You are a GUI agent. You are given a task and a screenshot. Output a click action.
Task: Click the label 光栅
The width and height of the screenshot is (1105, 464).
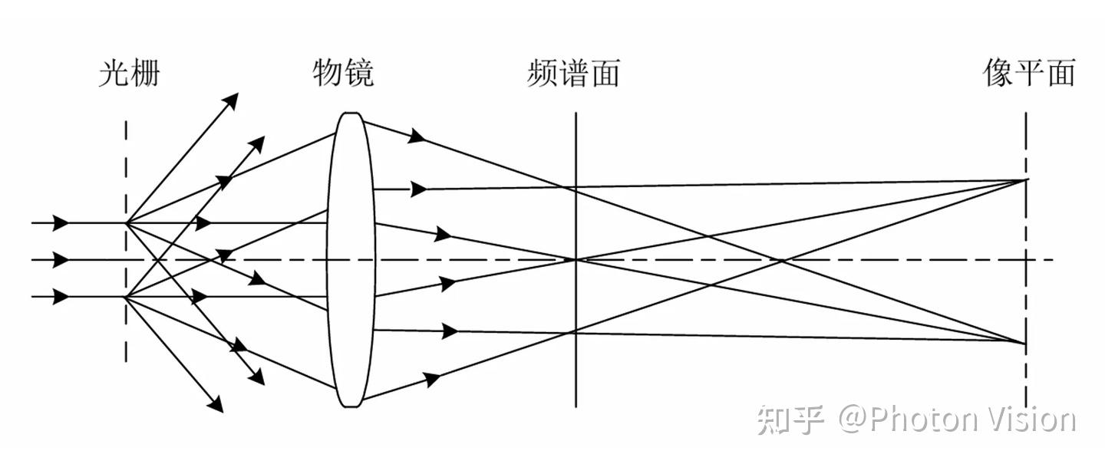(129, 73)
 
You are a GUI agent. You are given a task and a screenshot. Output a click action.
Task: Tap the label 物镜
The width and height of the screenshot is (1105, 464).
(343, 73)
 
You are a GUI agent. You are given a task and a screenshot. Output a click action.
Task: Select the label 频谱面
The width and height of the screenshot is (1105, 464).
(573, 73)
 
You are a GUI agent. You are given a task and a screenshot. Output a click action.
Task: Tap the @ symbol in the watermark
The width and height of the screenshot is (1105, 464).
(853, 421)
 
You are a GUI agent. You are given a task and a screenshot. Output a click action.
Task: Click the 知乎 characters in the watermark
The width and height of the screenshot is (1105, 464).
(790, 420)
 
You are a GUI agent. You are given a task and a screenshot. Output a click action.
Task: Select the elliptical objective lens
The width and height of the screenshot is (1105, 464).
(351, 260)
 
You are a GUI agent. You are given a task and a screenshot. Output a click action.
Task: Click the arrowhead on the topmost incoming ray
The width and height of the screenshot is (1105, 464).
(60, 223)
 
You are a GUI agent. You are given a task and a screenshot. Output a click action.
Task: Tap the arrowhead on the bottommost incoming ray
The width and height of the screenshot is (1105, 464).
(60, 297)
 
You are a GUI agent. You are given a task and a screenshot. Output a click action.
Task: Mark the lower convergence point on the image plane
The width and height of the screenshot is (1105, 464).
(1025, 343)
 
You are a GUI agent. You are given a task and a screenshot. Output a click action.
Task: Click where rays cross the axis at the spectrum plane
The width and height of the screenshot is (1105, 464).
(576, 259)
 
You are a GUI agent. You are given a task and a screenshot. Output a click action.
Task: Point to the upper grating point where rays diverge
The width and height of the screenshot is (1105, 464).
(127, 223)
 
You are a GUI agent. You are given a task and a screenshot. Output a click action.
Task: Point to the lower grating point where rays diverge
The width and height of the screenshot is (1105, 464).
(127, 297)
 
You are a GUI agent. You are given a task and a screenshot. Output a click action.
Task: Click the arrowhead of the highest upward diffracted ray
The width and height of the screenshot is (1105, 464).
(231, 100)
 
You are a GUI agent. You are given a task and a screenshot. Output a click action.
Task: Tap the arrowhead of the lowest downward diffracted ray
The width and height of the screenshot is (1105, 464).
(216, 404)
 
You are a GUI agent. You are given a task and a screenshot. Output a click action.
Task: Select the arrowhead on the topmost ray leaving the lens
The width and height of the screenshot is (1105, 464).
(417, 136)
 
